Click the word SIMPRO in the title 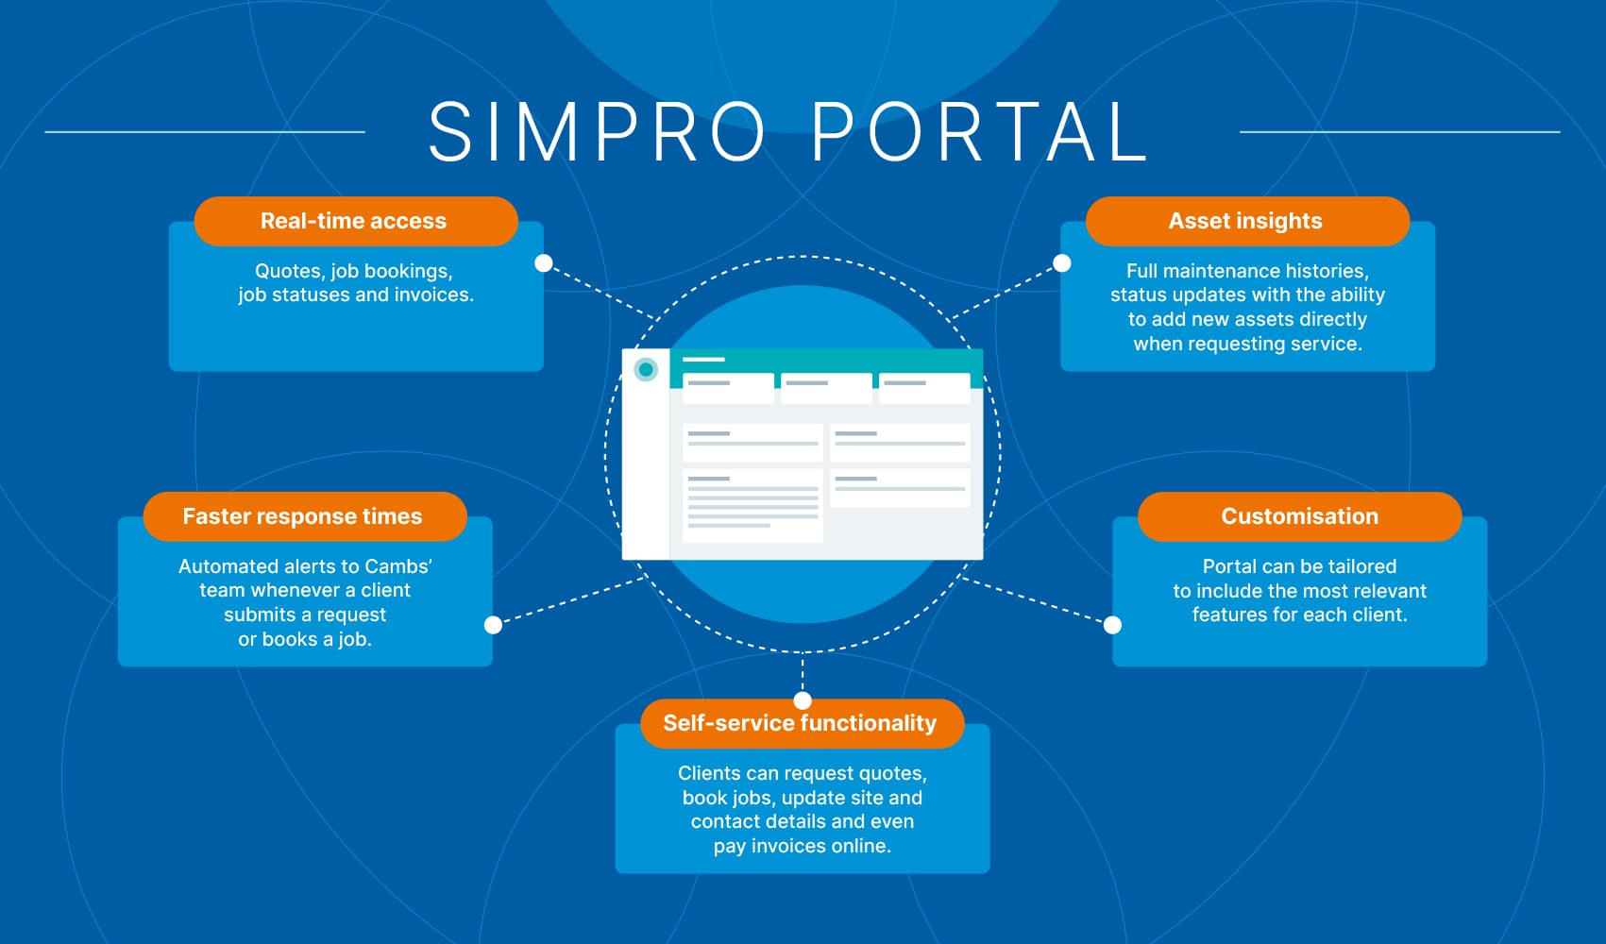click(597, 132)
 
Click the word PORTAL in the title click(979, 132)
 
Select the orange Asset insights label click(1246, 221)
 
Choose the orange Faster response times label click(304, 516)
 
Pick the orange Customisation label click(1299, 516)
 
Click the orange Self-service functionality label click(801, 723)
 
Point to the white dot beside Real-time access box click(544, 263)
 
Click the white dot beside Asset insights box click(1062, 263)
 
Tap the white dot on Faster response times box click(493, 625)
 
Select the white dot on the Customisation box click(1113, 625)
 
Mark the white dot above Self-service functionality click(803, 700)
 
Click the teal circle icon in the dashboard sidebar click(646, 370)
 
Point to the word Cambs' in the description click(398, 566)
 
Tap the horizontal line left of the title click(205, 132)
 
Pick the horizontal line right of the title click(1399, 132)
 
